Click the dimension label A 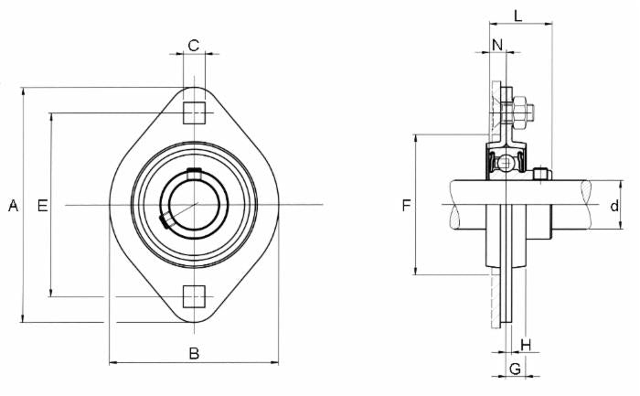[13, 207]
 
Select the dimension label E [41, 207]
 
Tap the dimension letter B [193, 354]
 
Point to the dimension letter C [193, 45]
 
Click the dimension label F [406, 207]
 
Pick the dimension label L [517, 16]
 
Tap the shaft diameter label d [614, 207]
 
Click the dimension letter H [525, 344]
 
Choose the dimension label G [515, 369]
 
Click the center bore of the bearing [193, 204]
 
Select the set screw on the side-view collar [542, 173]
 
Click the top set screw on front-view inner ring [193, 173]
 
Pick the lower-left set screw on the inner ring [165, 220]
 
